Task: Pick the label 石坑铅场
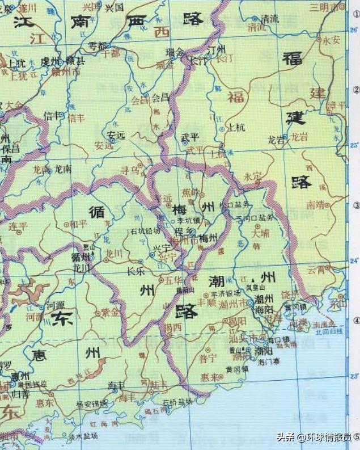(x=145, y=231)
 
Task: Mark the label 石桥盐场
(x=177, y=401)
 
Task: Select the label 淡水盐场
(x=83, y=436)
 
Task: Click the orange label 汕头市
(x=240, y=339)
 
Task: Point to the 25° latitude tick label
(x=354, y=145)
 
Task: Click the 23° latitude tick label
(x=354, y=376)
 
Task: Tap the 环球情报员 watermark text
(x=329, y=437)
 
